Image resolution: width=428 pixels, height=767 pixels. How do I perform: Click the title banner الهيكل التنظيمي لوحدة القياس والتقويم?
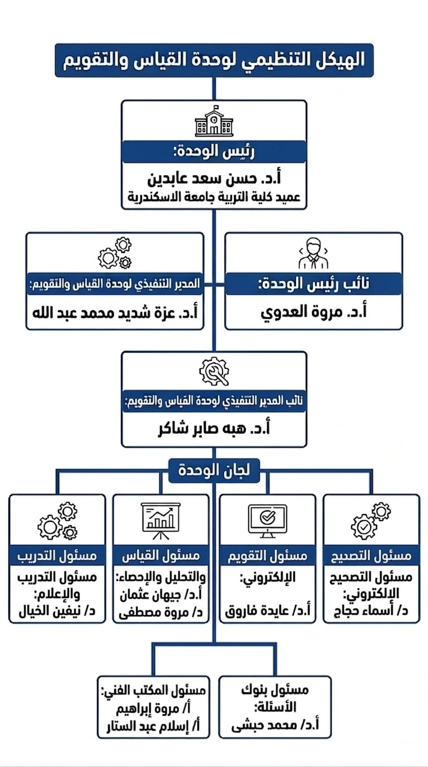tap(214, 60)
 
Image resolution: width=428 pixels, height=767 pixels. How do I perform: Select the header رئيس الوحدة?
tap(214, 152)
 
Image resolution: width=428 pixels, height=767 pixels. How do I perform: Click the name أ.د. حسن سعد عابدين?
tap(214, 179)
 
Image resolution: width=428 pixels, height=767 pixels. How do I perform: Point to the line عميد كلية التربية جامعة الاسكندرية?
tap(214, 197)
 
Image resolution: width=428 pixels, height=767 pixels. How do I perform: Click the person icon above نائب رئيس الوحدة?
tap(313, 253)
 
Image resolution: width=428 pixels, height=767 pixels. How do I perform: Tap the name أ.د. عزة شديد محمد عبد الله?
tap(115, 313)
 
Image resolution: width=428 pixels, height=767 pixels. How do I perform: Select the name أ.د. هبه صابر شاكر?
tap(214, 429)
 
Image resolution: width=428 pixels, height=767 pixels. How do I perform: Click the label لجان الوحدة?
tap(214, 470)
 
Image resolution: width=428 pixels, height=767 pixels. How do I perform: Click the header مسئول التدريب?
tap(57, 555)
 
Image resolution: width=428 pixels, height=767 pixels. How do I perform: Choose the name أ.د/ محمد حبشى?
tap(275, 725)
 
